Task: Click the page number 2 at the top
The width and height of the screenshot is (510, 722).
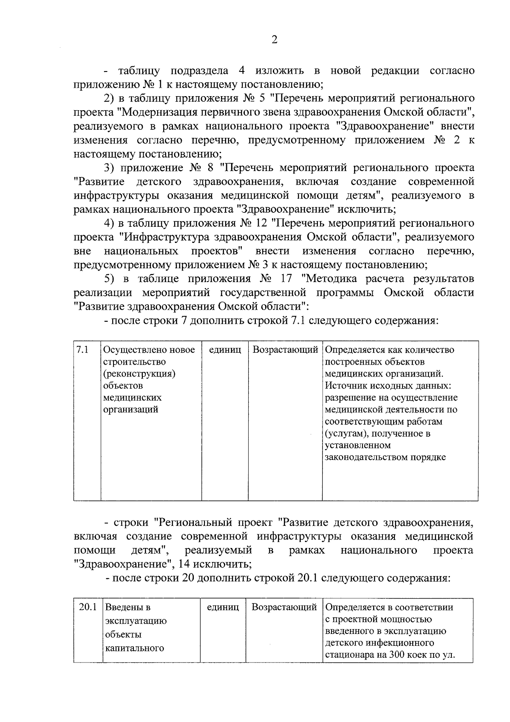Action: pos(274,40)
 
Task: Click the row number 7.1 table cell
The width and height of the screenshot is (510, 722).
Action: pos(82,350)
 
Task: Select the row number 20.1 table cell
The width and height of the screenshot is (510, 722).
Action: pos(88,607)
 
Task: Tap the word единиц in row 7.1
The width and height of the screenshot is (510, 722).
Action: pos(225,350)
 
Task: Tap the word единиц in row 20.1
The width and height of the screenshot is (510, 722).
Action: pos(223,607)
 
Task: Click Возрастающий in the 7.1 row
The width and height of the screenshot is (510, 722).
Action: pos(285,350)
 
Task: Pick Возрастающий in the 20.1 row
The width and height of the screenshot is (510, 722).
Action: pos(284,607)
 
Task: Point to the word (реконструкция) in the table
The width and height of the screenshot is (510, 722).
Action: pos(139,374)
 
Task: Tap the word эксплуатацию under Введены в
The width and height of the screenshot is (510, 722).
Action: pos(136,621)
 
